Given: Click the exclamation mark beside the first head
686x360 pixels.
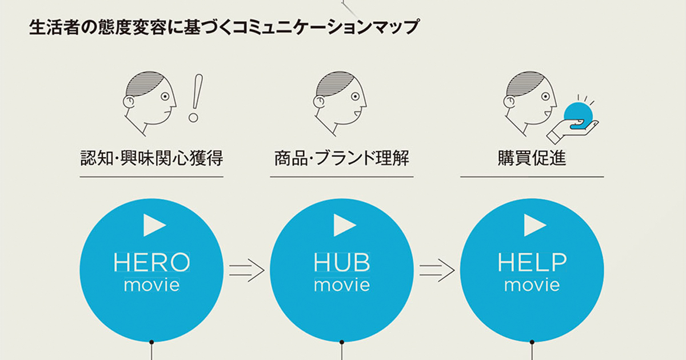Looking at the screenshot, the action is (x=196, y=98).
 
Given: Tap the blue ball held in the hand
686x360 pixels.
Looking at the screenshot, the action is (x=578, y=117).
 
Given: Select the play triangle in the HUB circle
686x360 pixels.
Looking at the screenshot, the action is (x=345, y=225).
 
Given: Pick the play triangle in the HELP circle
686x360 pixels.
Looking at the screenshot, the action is (x=535, y=225).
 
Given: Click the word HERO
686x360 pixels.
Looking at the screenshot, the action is (x=151, y=262).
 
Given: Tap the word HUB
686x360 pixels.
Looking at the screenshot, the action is (x=342, y=262).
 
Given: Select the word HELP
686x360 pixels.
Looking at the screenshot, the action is (x=532, y=262).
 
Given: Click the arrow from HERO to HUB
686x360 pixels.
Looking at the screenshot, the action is (x=247, y=270).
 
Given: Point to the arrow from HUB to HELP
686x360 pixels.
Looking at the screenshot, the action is (x=437, y=270).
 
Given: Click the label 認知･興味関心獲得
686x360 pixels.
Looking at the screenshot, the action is (x=151, y=158).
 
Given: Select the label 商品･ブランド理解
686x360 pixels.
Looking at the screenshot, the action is (x=342, y=158).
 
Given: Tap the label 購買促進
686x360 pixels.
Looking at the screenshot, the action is (x=532, y=158).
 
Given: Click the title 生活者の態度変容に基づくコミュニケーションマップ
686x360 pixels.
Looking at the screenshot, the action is (x=224, y=27).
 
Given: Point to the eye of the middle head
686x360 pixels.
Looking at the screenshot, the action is (x=355, y=97).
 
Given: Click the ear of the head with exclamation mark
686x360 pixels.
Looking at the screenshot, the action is (x=129, y=102).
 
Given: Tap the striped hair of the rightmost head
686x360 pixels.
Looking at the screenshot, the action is (x=524, y=83).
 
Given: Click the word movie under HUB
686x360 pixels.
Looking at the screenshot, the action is (x=342, y=285).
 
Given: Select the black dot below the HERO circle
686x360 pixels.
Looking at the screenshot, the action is (x=151, y=342).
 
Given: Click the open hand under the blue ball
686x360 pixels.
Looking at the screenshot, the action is (x=572, y=131).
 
